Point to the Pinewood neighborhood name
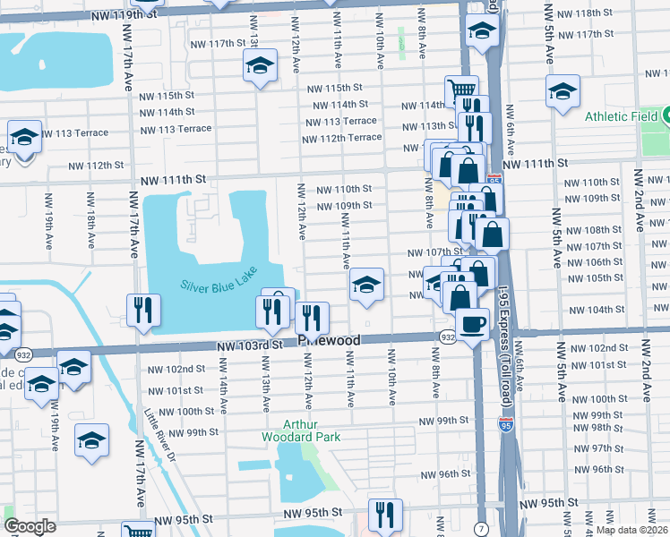(x=330, y=341)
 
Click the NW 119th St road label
(x=131, y=16)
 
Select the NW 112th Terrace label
(x=341, y=138)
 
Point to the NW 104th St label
(x=599, y=309)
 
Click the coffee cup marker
(x=472, y=322)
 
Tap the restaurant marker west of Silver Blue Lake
(x=142, y=309)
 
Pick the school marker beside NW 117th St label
(x=260, y=65)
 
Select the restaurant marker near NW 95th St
(x=385, y=513)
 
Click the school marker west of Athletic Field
(x=563, y=91)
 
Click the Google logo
(x=30, y=526)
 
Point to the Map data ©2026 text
(x=631, y=530)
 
